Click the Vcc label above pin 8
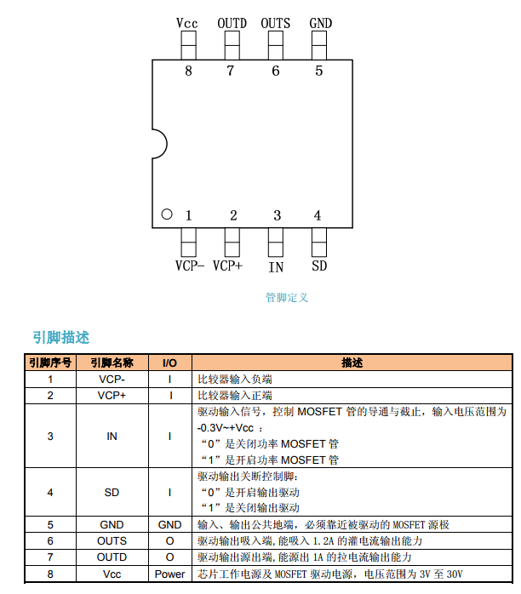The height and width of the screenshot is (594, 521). tap(187, 23)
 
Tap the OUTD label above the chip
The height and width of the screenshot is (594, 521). tap(232, 23)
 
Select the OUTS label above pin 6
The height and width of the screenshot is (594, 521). tap(275, 23)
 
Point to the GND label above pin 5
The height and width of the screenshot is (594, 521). tap(320, 23)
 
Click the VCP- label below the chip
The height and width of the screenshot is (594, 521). tap(189, 266)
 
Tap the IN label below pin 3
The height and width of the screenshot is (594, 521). tap(276, 266)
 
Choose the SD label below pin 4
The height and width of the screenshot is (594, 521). tap(319, 266)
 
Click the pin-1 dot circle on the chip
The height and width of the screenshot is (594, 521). tap(167, 214)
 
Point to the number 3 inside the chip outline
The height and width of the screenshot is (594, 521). tap(277, 215)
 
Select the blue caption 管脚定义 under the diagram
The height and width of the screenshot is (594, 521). tap(287, 298)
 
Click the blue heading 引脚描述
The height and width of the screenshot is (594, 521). tap(60, 338)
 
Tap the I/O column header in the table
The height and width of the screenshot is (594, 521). tap(169, 363)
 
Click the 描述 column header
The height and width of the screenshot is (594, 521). tap(352, 363)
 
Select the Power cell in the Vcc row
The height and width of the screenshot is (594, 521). tap(169, 574)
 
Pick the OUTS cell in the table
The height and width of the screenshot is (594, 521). tap(112, 541)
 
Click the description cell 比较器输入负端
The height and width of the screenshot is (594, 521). tap(235, 380)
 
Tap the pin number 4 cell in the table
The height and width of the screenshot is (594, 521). tap(49, 492)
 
